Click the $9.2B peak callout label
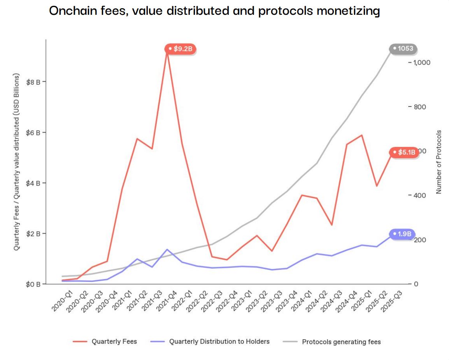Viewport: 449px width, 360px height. [181, 49]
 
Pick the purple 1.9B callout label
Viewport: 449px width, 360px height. [403, 234]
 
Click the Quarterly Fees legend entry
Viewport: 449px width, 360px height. [114, 342]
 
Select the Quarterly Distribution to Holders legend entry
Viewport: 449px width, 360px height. [219, 342]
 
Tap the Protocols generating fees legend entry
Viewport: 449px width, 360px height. [341, 342]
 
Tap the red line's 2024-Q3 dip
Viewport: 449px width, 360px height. [331, 225]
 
